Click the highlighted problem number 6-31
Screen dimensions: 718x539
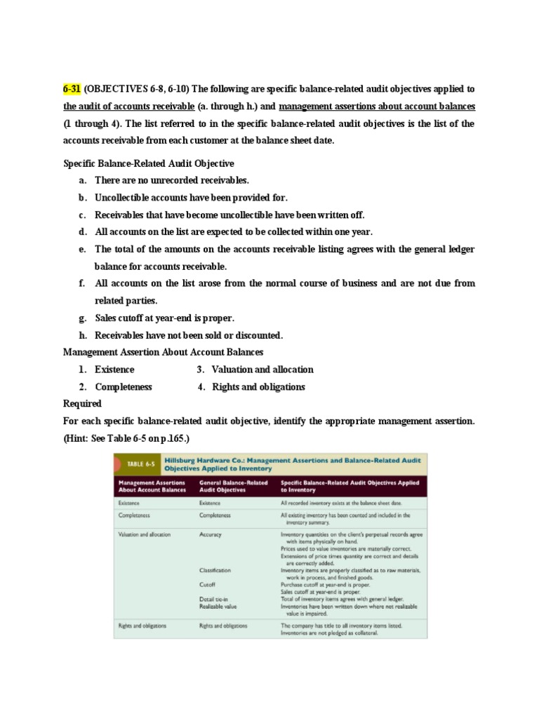click(x=72, y=89)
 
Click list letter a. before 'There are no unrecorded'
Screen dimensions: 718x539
click(x=82, y=180)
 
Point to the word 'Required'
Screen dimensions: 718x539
click(x=82, y=403)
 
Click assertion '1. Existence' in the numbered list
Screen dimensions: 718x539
click(x=106, y=370)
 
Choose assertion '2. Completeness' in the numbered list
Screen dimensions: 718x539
click(x=115, y=386)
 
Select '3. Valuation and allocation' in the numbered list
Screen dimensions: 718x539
click(x=255, y=370)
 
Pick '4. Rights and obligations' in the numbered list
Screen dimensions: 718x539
click(x=251, y=386)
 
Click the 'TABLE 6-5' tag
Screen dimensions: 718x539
click(x=136, y=463)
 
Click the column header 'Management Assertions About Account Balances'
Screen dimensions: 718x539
click(x=151, y=487)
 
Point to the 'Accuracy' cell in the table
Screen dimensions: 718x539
click(x=210, y=535)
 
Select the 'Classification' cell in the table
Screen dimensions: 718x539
click(x=215, y=570)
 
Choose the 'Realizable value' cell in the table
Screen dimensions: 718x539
click(x=218, y=606)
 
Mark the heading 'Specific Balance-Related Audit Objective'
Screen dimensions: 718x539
click(x=149, y=163)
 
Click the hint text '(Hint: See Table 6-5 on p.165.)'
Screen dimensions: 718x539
click(x=126, y=438)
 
